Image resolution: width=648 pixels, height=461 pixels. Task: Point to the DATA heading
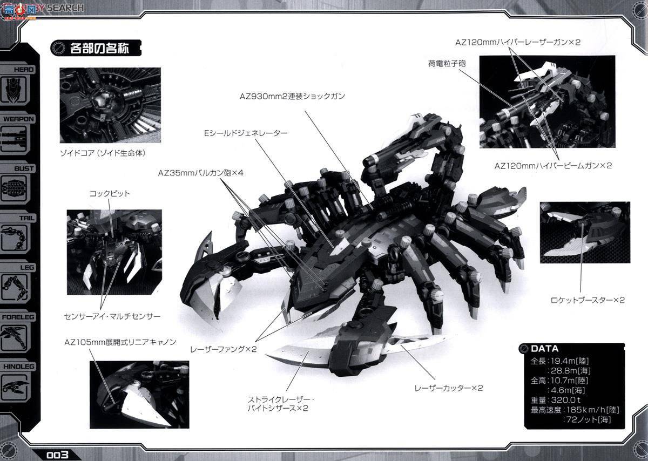544,349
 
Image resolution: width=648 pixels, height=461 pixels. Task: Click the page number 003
57,454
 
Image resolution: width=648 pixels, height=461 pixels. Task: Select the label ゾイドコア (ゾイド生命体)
103,153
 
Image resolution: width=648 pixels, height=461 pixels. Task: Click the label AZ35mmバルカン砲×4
201,173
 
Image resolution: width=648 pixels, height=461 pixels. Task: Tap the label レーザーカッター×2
448,388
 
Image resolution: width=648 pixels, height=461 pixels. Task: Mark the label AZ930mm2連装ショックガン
292,96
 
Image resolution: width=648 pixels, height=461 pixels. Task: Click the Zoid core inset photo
110,105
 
